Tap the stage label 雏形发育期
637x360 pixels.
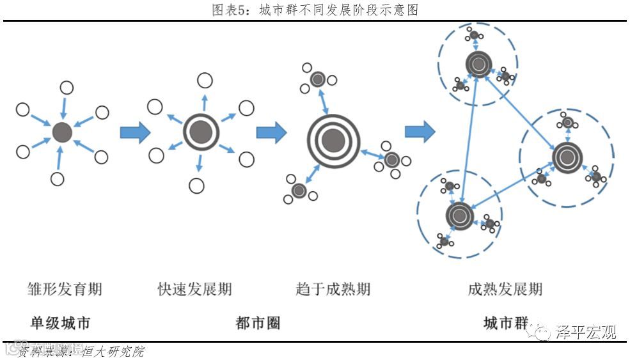pos(65,290)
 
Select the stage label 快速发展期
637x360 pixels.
pos(194,290)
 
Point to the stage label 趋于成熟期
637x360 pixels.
pos(333,290)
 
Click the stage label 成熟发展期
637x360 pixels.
pos(505,290)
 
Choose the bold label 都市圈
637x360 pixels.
pos(258,324)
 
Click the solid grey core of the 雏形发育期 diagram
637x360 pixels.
pos(61,132)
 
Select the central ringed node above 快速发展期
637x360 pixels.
pos(201,132)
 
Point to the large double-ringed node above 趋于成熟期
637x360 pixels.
pos(333,140)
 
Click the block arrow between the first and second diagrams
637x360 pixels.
pos(135,132)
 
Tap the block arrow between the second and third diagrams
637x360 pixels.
pos(271,132)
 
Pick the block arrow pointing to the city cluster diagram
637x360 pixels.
pos(420,132)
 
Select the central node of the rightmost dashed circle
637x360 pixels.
pos(566,157)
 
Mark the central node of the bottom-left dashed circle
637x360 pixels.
pos(459,216)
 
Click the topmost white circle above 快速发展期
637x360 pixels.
pos(205,81)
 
